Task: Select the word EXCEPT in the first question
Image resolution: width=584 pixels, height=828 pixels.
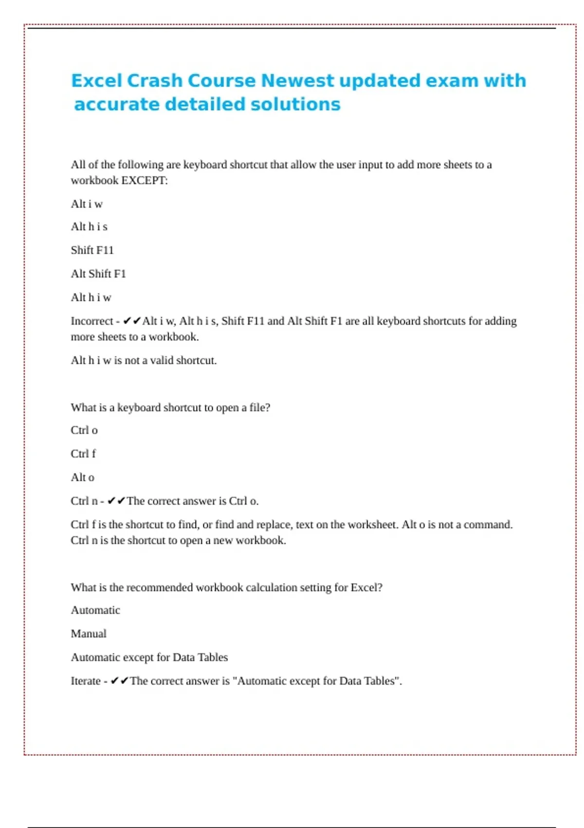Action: tap(144, 181)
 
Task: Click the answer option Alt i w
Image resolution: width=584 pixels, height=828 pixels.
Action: tap(87, 204)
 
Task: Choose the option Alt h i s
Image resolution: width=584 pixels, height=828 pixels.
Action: tap(89, 227)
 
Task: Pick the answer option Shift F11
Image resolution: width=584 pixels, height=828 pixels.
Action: tap(92, 250)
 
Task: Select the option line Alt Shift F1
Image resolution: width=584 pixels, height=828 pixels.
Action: tap(98, 274)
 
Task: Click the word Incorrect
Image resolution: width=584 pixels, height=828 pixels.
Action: tap(92, 321)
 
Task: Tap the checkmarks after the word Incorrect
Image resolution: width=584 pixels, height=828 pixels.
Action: tap(132, 321)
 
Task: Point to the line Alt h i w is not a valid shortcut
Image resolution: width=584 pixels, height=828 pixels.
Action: tap(144, 360)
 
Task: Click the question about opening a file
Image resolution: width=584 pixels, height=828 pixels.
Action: tap(170, 408)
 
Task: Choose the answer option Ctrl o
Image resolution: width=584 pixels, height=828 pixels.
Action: tap(84, 431)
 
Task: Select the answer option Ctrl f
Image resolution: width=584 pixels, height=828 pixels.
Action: tap(83, 454)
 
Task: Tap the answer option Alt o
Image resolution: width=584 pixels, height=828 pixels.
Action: tap(83, 477)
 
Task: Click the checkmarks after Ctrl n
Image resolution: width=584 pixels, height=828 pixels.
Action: tap(116, 501)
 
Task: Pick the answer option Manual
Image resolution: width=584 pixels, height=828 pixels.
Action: tap(89, 634)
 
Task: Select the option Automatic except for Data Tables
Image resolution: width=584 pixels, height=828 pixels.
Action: tap(149, 658)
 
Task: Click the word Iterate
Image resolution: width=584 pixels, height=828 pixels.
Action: tap(86, 681)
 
